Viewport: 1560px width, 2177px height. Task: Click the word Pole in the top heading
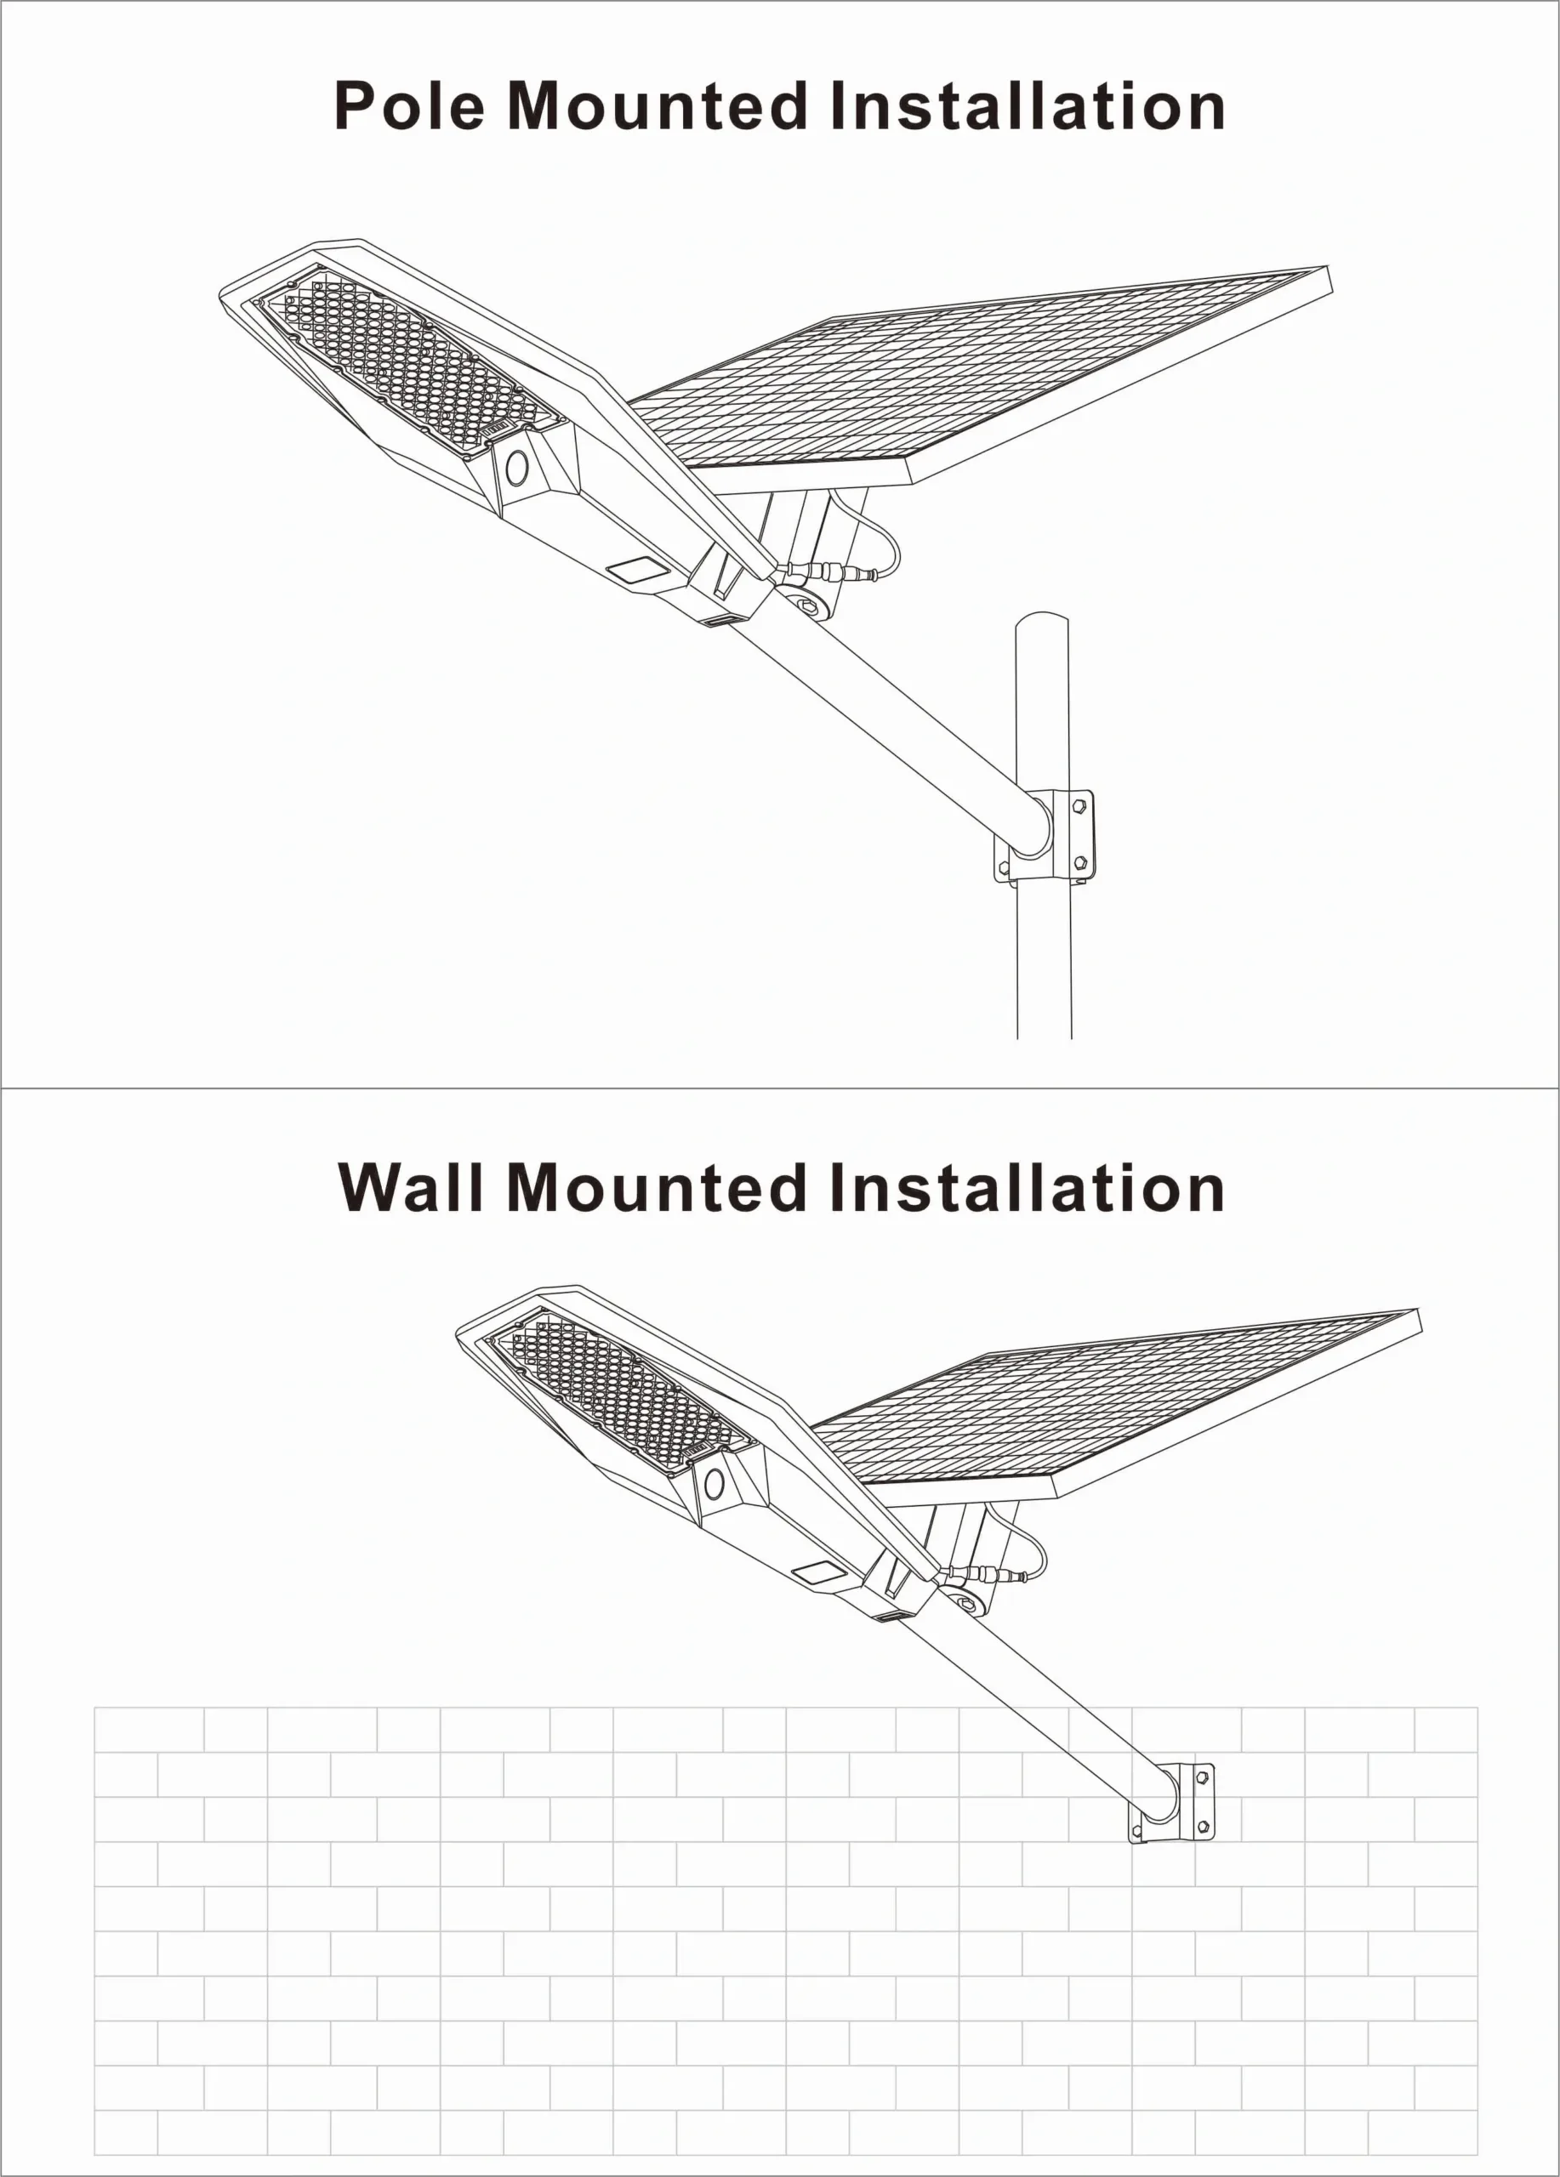point(410,105)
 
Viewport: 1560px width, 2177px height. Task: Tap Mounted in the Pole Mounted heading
point(658,105)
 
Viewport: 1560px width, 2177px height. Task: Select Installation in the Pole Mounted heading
point(1028,105)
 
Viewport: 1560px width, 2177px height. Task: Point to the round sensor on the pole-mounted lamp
point(516,469)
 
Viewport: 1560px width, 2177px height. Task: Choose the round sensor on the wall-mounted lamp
point(715,1484)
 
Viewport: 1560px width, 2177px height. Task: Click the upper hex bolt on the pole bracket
point(1079,806)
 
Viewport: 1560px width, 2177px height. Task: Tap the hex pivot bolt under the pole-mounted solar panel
point(809,606)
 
